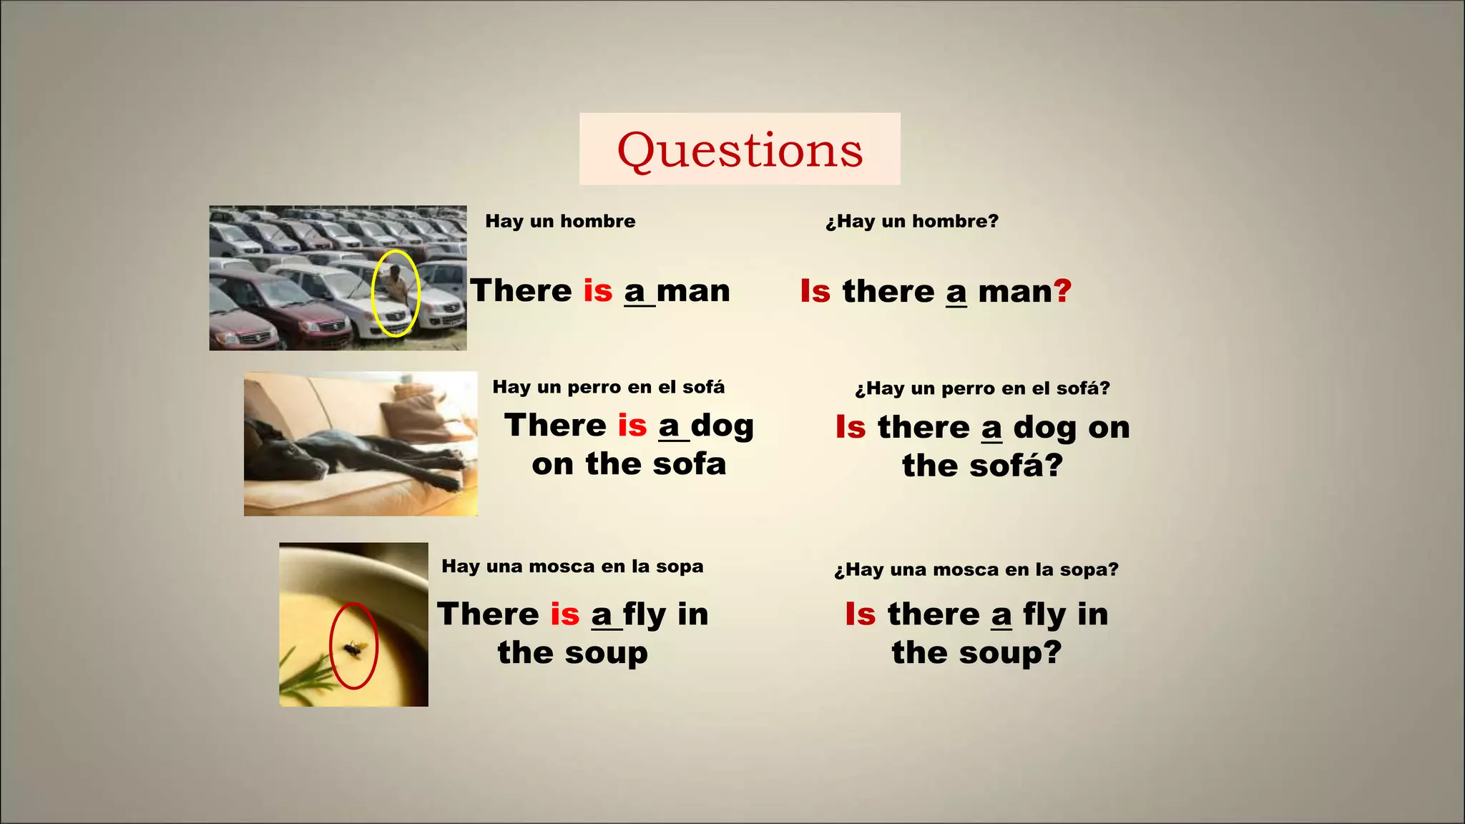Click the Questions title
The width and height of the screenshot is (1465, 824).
(x=740, y=150)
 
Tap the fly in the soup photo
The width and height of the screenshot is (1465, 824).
(x=353, y=648)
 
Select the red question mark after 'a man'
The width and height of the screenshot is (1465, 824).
(x=1063, y=291)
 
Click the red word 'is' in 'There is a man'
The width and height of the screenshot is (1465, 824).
(x=598, y=291)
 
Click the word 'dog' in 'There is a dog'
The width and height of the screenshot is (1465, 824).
(x=722, y=426)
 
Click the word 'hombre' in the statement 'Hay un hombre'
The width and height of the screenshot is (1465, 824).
(x=597, y=221)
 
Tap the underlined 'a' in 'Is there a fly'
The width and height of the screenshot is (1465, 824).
(x=1001, y=615)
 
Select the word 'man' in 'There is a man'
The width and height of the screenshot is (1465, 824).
(x=692, y=291)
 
